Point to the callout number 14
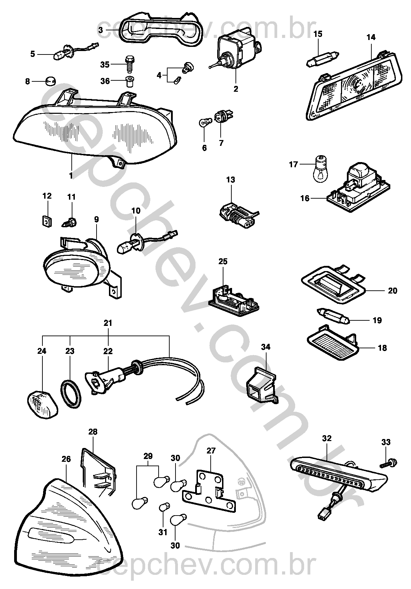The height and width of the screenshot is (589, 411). [371, 37]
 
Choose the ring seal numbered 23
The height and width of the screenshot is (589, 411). [72, 393]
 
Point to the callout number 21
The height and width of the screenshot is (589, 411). [108, 323]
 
